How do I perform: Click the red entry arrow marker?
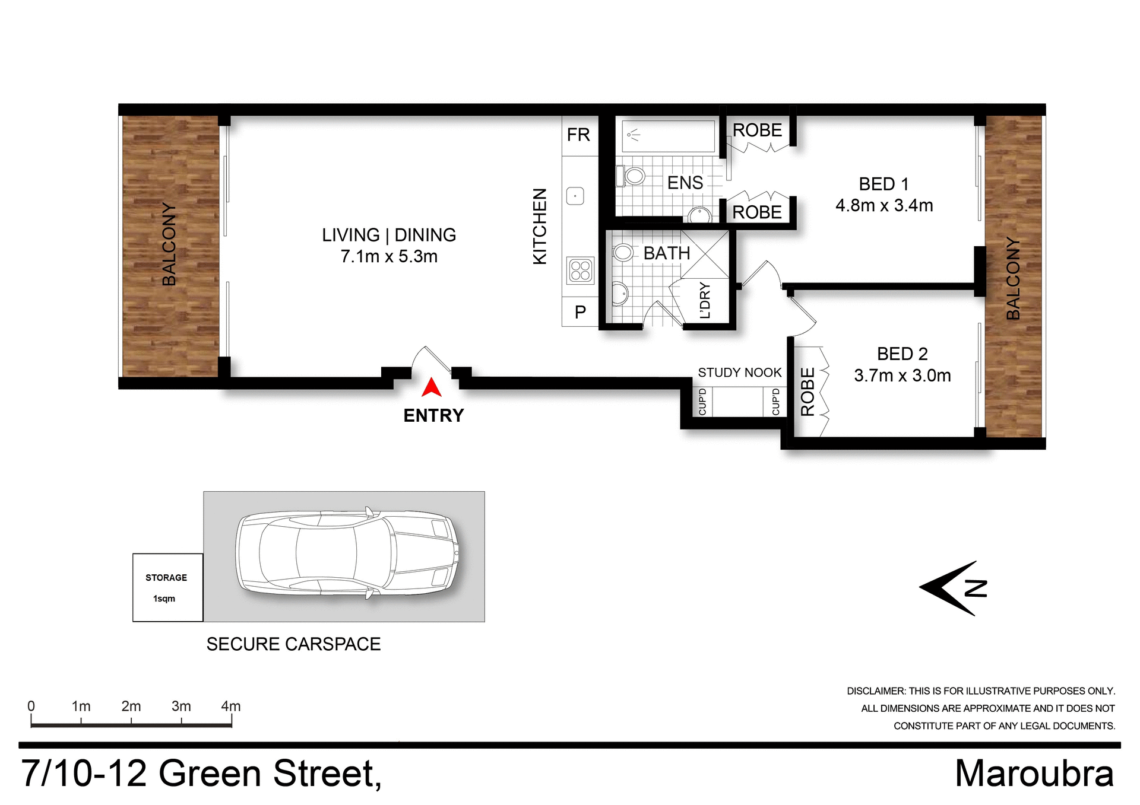tap(432, 388)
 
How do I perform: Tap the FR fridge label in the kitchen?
tap(578, 135)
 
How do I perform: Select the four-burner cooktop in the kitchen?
tap(580, 271)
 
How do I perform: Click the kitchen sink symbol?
tap(575, 196)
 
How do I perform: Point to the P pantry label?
tap(580, 312)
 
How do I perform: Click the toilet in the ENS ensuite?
tap(632, 176)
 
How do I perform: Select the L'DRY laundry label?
tap(705, 301)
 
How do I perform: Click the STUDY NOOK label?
tap(739, 373)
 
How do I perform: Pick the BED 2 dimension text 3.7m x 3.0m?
tap(902, 376)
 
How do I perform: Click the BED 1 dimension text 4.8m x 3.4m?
tap(884, 205)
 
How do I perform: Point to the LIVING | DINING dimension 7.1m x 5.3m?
tap(389, 256)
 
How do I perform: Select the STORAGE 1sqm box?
tap(167, 587)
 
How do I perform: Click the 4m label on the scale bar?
tap(230, 706)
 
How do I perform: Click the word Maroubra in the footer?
tap(1034, 774)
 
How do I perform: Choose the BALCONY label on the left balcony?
tap(169, 244)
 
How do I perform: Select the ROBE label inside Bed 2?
tap(807, 392)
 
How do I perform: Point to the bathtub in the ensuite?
tap(668, 136)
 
